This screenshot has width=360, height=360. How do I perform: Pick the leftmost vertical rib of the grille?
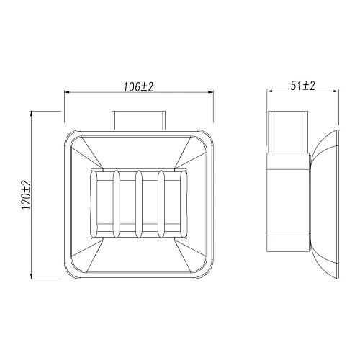coord(116,204)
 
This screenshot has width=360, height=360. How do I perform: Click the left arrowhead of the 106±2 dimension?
coord(68,92)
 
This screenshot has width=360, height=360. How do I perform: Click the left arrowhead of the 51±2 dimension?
coord(271,92)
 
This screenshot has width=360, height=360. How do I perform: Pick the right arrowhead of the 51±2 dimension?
coord(336,92)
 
